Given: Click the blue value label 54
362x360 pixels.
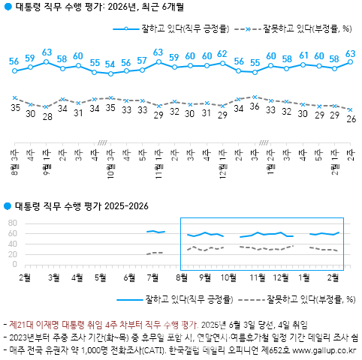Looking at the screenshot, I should point(110,64).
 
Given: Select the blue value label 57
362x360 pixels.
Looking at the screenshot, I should point(142,61).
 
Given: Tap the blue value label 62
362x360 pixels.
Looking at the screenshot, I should point(222,54).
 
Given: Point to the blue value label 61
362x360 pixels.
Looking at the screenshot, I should point(303,55).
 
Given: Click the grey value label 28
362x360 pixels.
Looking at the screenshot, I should point(47,117).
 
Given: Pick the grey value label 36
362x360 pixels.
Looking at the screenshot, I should point(254,107).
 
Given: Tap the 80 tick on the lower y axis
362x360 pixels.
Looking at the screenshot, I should point(11,223).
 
